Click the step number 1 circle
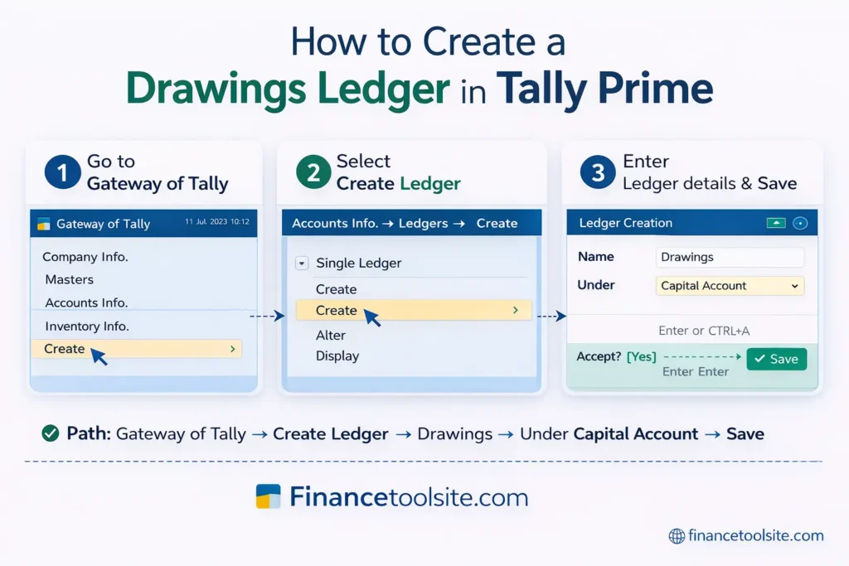coord(62,173)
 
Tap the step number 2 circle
coord(313,173)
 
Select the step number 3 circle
coord(598,173)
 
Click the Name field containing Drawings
coord(729,258)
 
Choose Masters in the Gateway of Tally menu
coord(69,280)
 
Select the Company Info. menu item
coord(85,257)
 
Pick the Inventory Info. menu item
coord(86,327)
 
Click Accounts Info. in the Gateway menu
coord(86,303)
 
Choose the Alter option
coord(331,336)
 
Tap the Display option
coord(337,356)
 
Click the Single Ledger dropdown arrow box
coord(301,264)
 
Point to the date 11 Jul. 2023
coord(206,223)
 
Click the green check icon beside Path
coord(50,433)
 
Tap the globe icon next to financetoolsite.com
coord(677,536)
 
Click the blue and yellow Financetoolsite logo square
coord(269,496)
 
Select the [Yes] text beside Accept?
coord(641,356)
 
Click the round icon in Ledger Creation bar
coord(799,223)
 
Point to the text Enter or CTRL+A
coord(704,331)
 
